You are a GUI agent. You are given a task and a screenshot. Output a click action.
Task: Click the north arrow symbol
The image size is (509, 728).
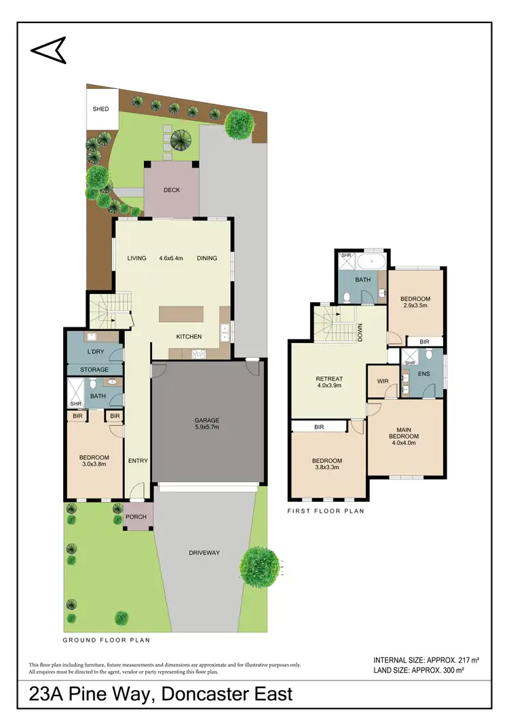pyautogui.click(x=48, y=48)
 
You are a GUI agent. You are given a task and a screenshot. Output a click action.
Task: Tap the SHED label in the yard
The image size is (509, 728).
pyautogui.click(x=100, y=109)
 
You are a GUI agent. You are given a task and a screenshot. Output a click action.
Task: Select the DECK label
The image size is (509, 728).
pyautogui.click(x=172, y=190)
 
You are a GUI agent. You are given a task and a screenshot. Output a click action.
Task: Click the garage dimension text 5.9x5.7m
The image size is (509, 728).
pyautogui.click(x=207, y=427)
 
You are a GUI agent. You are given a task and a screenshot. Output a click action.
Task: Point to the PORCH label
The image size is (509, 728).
pyautogui.click(x=136, y=517)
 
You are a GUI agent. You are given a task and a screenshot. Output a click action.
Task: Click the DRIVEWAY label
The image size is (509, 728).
pyautogui.click(x=204, y=553)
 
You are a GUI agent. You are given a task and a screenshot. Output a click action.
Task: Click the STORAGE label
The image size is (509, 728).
pyautogui.click(x=95, y=369)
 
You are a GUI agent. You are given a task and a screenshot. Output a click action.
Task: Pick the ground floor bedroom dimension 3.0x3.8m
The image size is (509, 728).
pyautogui.click(x=94, y=465)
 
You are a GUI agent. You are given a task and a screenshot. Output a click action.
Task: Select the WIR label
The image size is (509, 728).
pyautogui.click(x=382, y=382)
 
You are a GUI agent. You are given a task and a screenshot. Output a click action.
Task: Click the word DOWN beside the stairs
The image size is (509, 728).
pyautogui.click(x=360, y=332)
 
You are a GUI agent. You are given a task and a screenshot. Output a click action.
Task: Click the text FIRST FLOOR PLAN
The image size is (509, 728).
pyautogui.click(x=326, y=511)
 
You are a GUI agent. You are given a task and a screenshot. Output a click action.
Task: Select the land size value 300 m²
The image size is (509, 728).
pyautogui.click(x=451, y=670)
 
